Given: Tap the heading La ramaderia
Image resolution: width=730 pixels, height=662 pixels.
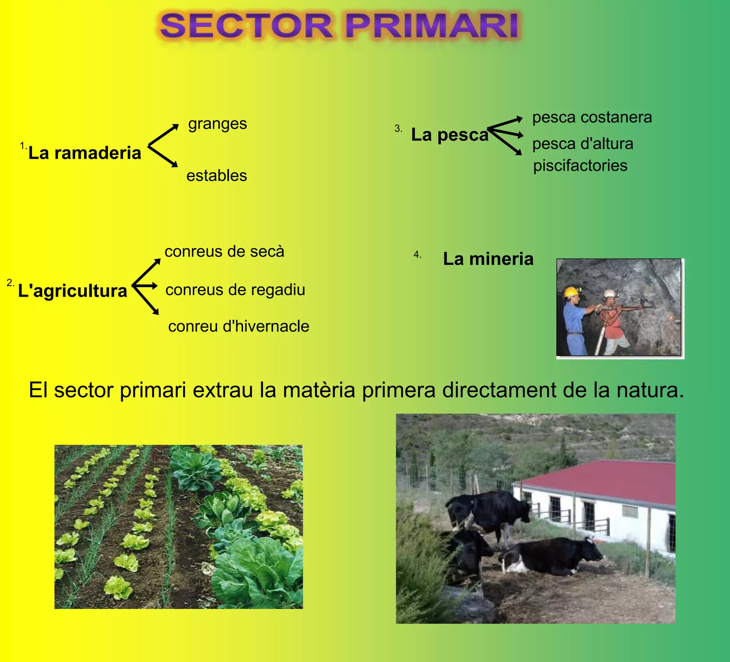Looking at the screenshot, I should (85, 153).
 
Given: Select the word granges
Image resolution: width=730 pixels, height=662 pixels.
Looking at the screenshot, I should (217, 124).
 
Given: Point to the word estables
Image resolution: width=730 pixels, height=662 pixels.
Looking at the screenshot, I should (216, 176).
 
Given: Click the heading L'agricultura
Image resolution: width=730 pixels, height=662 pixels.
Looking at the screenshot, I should (72, 291).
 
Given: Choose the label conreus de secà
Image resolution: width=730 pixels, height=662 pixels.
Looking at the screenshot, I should (224, 251).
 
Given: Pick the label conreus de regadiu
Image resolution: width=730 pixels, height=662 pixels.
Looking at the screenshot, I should (235, 290).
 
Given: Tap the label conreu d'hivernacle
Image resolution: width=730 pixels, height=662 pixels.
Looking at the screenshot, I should (238, 326).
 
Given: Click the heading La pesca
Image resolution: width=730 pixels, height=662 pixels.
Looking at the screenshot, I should (450, 135).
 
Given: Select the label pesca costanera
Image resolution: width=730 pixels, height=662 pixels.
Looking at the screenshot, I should (592, 117).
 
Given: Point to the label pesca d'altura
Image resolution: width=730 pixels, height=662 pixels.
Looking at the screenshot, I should (583, 144).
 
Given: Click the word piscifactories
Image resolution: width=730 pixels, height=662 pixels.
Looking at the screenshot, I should (580, 165).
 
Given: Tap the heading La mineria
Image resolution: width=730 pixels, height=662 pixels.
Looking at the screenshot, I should (488, 259).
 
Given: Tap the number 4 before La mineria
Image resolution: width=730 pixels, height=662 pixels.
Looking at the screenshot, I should (417, 255).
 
